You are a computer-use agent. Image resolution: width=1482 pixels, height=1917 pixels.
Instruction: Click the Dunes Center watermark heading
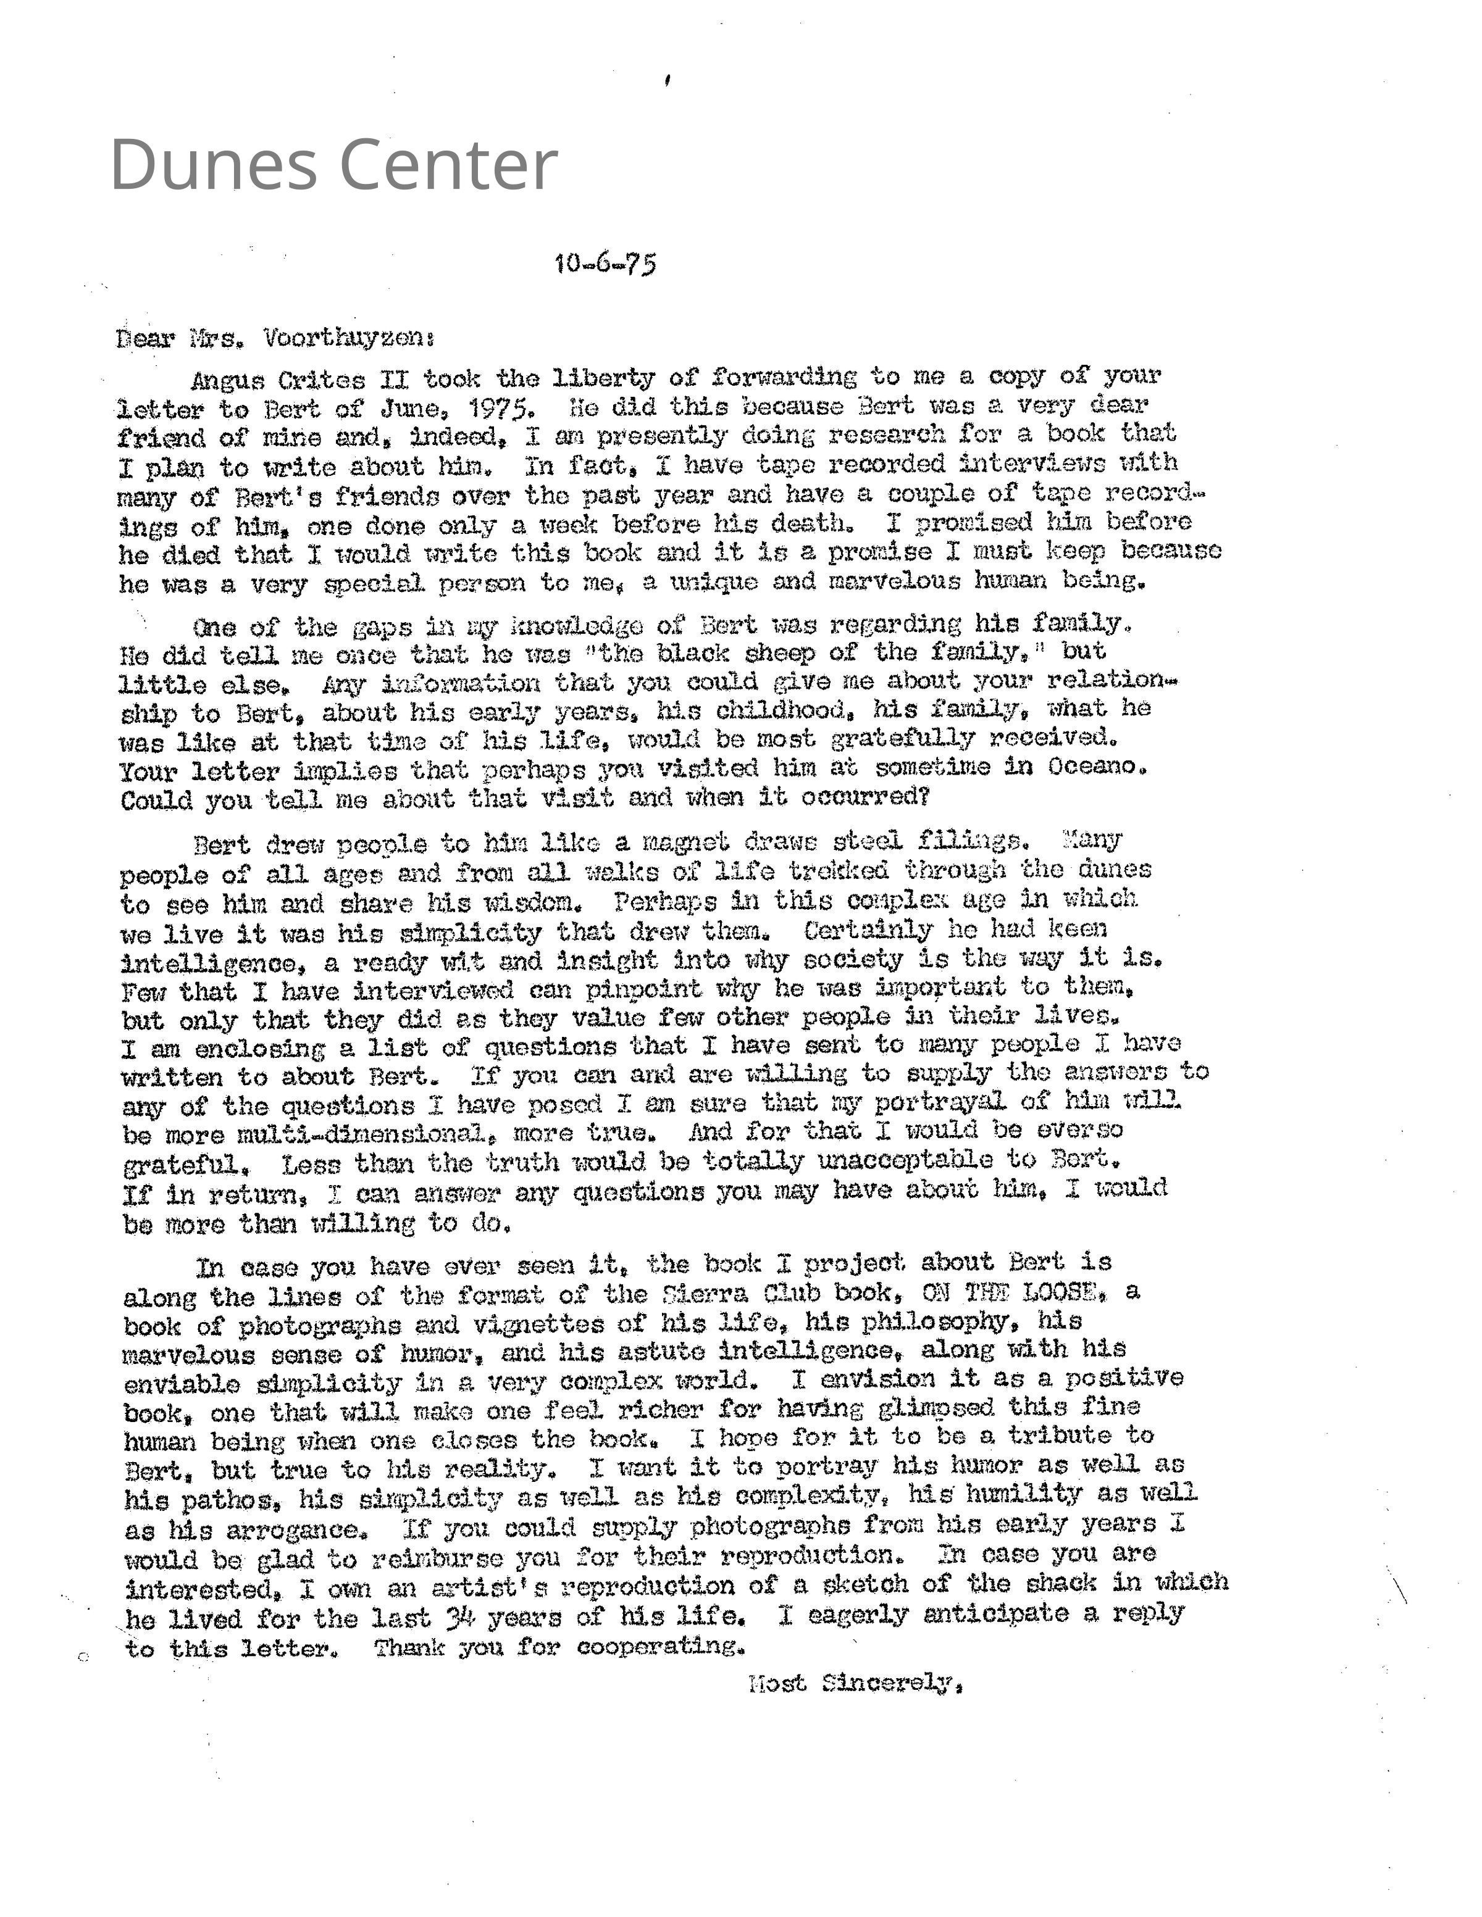click(333, 165)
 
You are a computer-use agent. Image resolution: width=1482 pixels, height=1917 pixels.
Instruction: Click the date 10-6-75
click(605, 264)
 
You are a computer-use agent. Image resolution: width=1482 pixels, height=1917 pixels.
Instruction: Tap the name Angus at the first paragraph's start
click(227, 381)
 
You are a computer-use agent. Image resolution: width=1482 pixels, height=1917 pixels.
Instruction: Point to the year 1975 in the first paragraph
click(499, 408)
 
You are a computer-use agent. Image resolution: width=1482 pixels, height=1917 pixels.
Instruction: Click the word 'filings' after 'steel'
click(969, 841)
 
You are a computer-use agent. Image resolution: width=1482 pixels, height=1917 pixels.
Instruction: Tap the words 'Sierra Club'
click(743, 1294)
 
